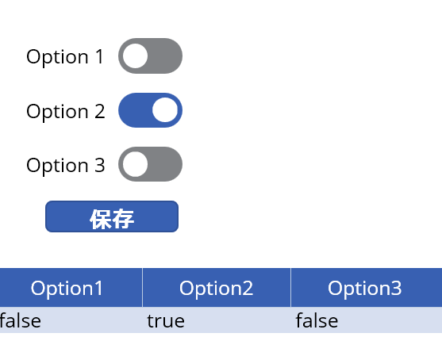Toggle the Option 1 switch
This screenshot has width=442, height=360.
pos(150,56)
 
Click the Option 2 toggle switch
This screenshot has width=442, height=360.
pos(150,110)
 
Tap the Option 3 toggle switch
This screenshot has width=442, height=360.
pos(150,164)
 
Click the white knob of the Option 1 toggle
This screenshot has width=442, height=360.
pos(136,56)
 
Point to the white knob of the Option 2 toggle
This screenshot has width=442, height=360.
pos(165,110)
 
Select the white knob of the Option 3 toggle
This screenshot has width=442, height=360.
pos(136,164)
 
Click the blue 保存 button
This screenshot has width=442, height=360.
pos(112,216)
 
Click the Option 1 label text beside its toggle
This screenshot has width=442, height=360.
pos(65,57)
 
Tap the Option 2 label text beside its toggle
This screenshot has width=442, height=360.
pos(65,112)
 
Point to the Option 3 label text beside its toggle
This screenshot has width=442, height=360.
pos(65,166)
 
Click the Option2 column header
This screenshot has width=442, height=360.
pos(217,287)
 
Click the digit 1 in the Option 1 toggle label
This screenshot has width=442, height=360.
pos(99,56)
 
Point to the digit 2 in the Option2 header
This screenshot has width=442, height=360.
pos(248,288)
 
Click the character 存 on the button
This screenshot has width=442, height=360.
pos(123,219)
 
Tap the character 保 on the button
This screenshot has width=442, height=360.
pos(101,219)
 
